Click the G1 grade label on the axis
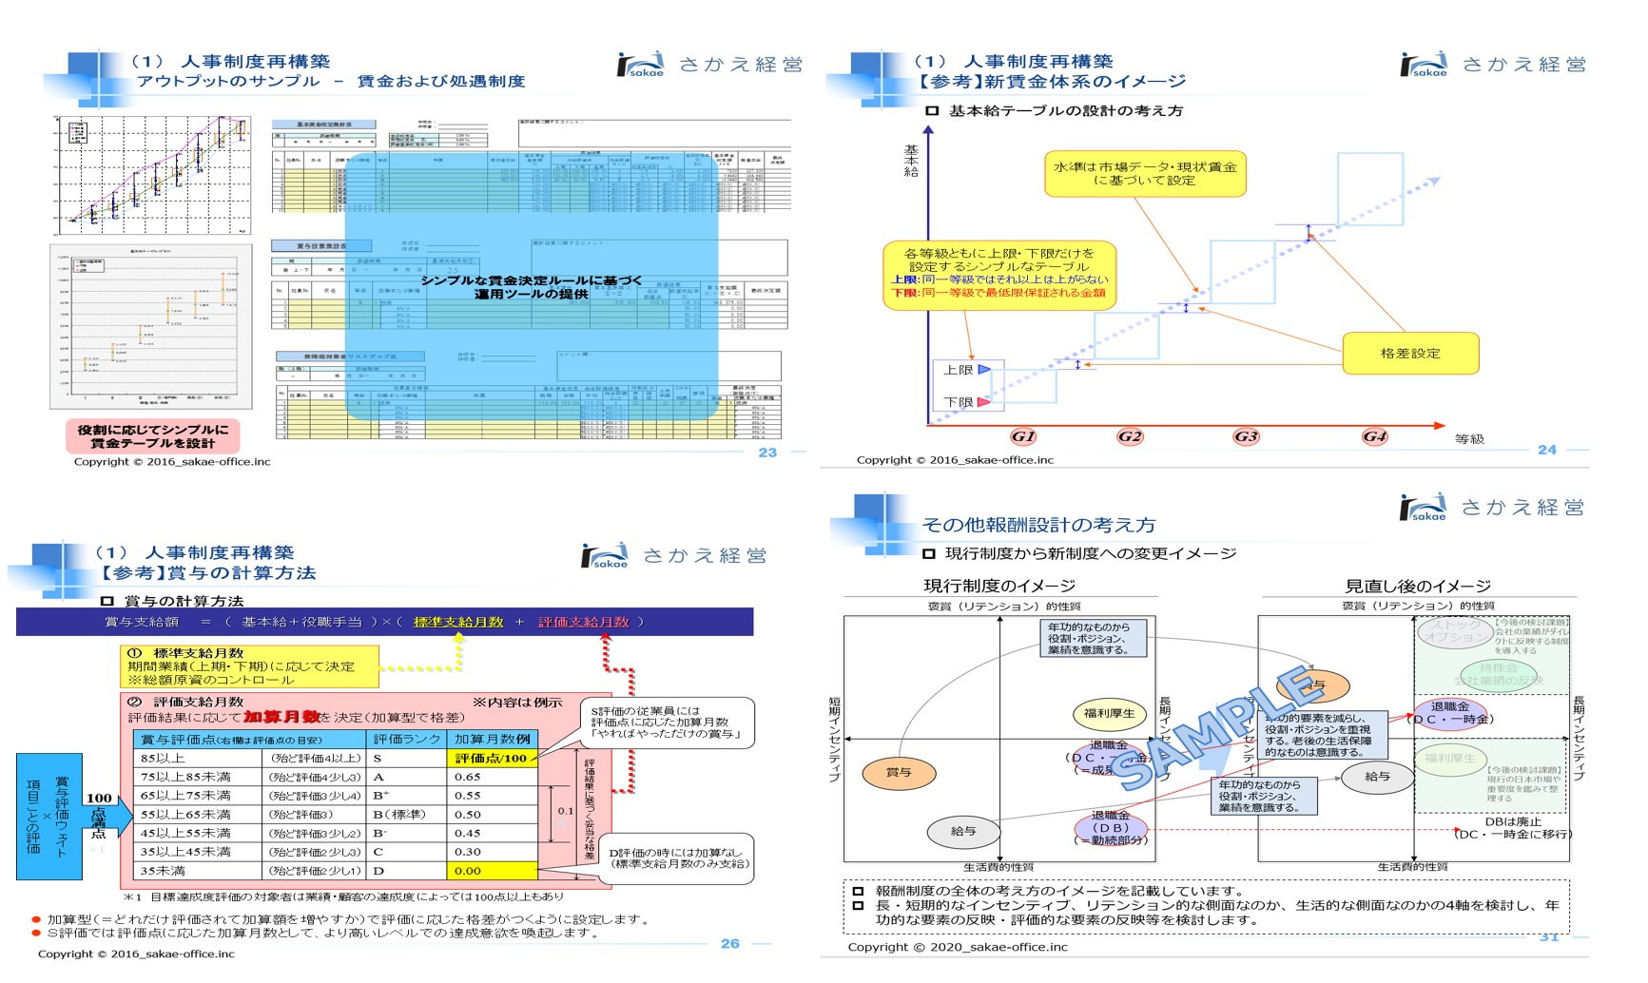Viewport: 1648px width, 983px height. [x=1023, y=436]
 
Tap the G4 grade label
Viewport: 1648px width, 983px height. [x=1374, y=436]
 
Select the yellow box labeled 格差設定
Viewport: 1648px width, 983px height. [x=1410, y=354]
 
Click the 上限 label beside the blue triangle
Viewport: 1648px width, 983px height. [x=958, y=370]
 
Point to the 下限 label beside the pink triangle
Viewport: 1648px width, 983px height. [x=958, y=402]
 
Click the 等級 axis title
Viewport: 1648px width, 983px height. [x=1469, y=439]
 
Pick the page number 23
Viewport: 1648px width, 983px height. [x=767, y=453]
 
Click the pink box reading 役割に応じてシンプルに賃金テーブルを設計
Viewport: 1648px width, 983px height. [x=153, y=436]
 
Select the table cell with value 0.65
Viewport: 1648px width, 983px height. [x=468, y=777]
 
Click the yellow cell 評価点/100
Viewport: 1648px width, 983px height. [x=491, y=758]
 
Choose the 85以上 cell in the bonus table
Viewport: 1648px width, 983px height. [x=163, y=758]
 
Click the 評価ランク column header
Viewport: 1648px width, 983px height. [x=407, y=739]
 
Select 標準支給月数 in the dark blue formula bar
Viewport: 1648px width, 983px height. [x=458, y=622]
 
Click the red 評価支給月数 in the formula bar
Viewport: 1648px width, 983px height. [x=584, y=622]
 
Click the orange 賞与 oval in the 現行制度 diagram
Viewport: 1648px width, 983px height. [x=899, y=773]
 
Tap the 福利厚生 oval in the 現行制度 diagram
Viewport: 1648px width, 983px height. [x=1110, y=713]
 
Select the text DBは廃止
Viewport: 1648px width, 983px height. [x=1513, y=821]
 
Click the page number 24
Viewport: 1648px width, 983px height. [x=1547, y=450]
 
